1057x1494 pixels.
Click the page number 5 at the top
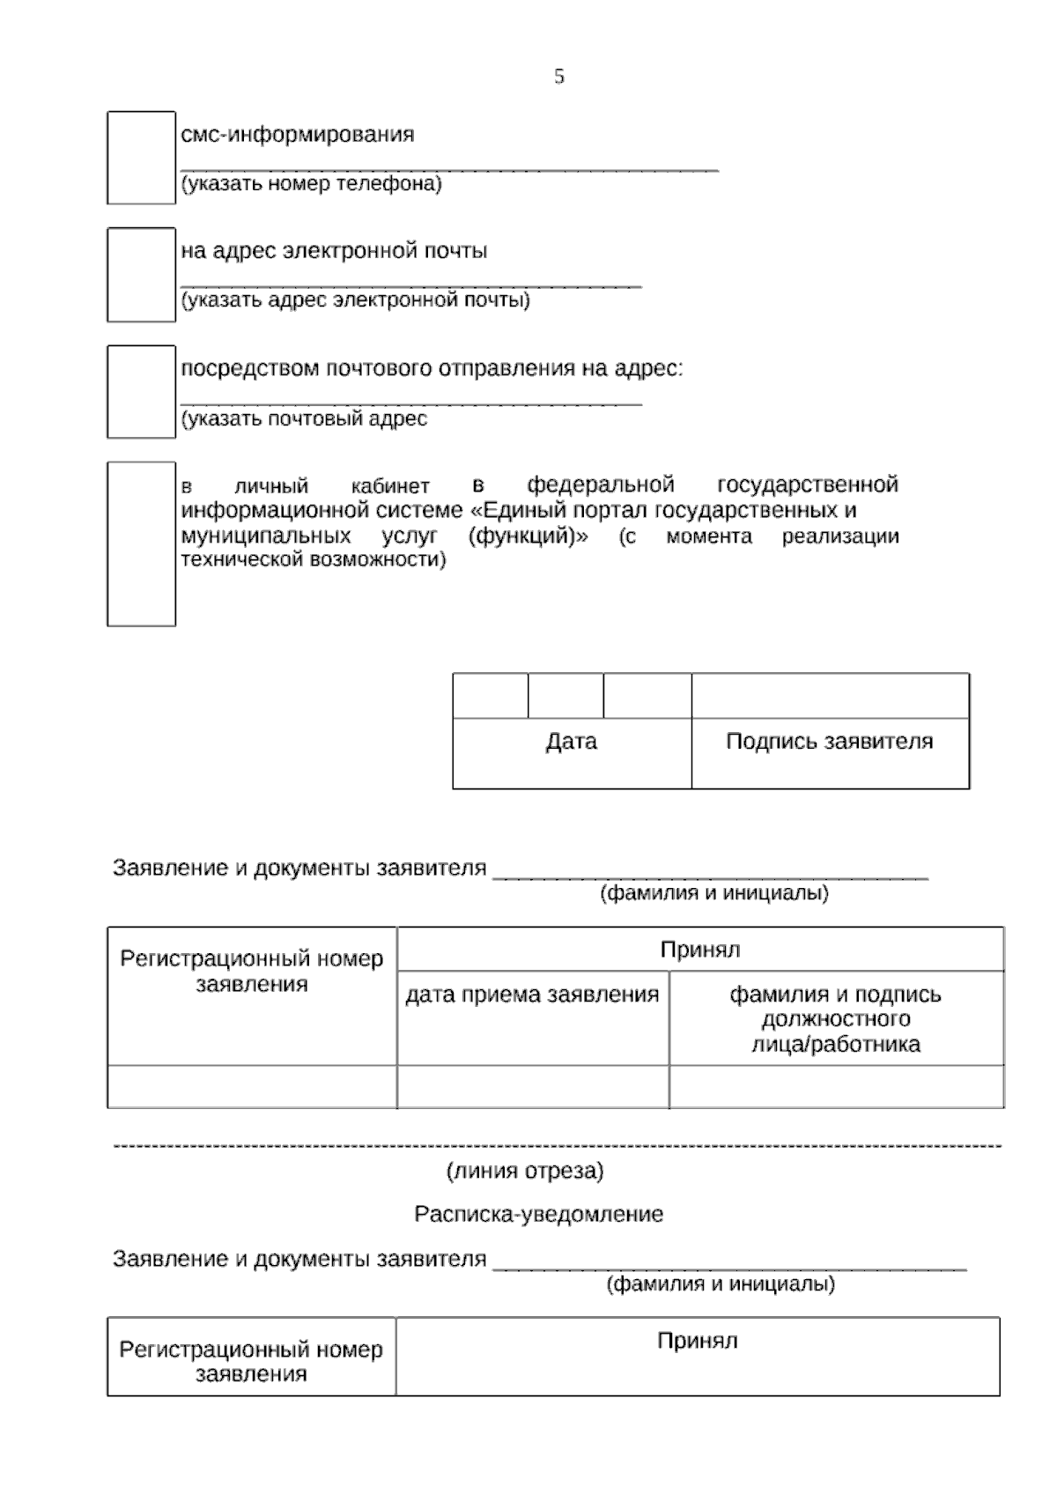[x=558, y=77]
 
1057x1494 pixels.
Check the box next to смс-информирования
[x=141, y=158]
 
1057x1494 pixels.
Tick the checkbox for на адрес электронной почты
[x=141, y=275]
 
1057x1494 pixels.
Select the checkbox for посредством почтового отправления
[x=141, y=392]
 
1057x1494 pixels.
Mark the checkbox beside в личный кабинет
[x=141, y=544]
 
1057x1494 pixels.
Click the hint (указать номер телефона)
[x=311, y=184]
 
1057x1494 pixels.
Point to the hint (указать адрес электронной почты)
[x=355, y=300]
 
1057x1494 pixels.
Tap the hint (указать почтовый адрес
[x=304, y=418]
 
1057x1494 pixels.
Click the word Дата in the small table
[x=571, y=742]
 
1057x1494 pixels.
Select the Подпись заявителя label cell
[x=829, y=742]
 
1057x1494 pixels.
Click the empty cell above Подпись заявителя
[x=830, y=696]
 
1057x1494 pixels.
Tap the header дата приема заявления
[x=532, y=995]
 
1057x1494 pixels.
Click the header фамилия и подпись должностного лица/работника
[x=835, y=1019]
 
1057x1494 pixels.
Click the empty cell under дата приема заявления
[x=532, y=1086]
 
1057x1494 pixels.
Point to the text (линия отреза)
[x=525, y=1172]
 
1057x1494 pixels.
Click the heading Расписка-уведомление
[x=538, y=1215]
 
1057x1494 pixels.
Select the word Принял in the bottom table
[x=697, y=1342]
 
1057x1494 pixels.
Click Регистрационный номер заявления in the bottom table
[x=251, y=1362]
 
